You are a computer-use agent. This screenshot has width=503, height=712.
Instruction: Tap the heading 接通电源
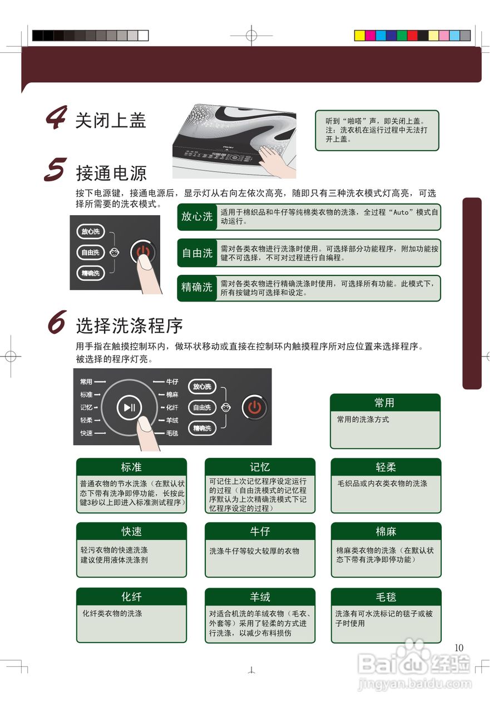[x=111, y=173]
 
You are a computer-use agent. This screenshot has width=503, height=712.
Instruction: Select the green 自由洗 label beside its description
[x=197, y=253]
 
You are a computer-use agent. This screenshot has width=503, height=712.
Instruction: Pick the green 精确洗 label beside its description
[x=197, y=288]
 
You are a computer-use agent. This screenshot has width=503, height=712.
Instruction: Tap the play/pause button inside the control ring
[x=129, y=408]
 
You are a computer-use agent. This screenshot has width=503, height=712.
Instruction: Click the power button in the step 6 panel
[x=254, y=407]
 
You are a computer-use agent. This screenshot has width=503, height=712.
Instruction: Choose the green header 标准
[x=131, y=467]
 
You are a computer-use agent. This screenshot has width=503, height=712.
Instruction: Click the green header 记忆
[x=260, y=467]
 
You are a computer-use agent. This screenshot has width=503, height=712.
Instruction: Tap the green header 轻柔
[x=386, y=467]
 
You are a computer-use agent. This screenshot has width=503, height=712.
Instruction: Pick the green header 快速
[x=131, y=531]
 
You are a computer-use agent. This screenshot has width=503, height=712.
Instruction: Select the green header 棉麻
[x=386, y=531]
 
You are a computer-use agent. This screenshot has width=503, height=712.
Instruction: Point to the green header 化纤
[x=131, y=597]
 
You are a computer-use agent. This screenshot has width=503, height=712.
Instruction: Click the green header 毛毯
[x=386, y=597]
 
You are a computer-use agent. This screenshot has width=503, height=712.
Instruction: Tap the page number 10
[x=458, y=647]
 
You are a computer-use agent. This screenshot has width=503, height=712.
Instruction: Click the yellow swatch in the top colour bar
[x=359, y=36]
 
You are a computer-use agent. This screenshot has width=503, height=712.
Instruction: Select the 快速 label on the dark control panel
[x=86, y=433]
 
